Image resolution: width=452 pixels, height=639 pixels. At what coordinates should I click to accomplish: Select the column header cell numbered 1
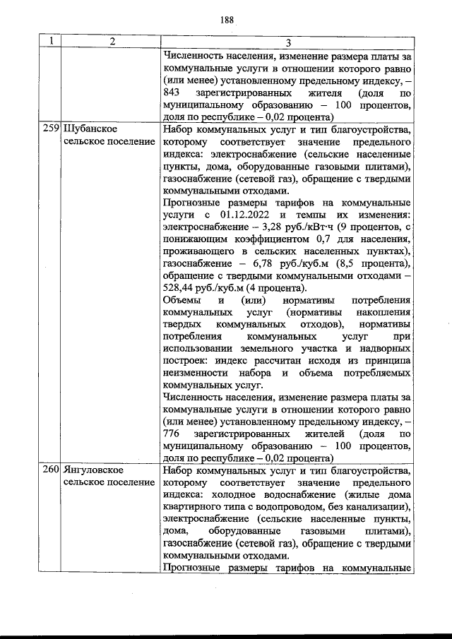49,42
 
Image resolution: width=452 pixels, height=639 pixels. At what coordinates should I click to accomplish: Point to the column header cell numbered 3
286,42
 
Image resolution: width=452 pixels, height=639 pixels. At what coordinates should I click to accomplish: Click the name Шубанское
90,130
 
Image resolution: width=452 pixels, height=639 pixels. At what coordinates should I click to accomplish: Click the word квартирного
194,508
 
